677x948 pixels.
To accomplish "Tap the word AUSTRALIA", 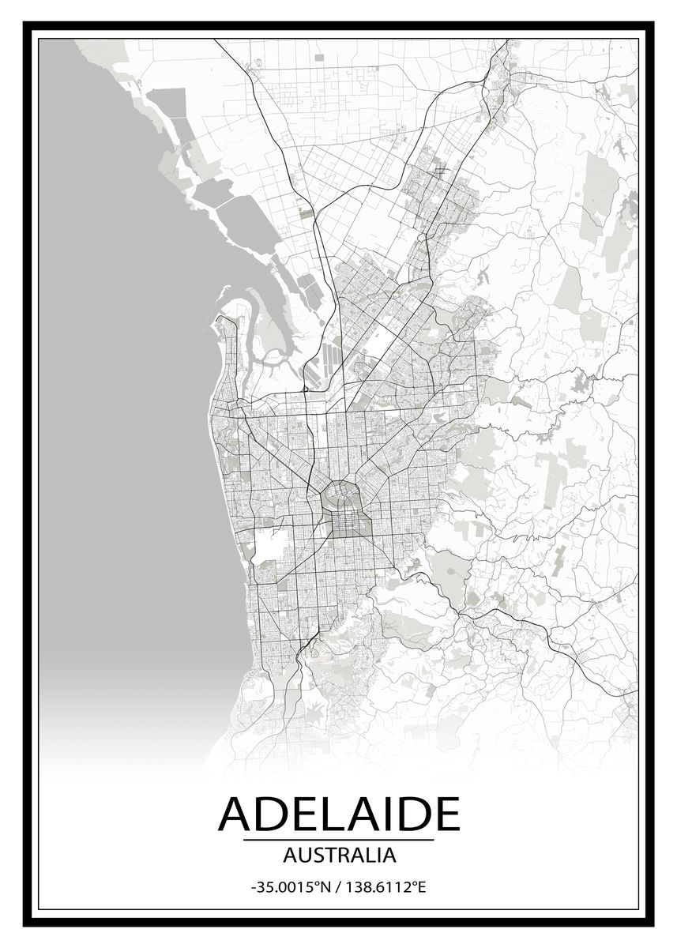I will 338,854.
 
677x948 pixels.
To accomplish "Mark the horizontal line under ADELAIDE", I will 338,840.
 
